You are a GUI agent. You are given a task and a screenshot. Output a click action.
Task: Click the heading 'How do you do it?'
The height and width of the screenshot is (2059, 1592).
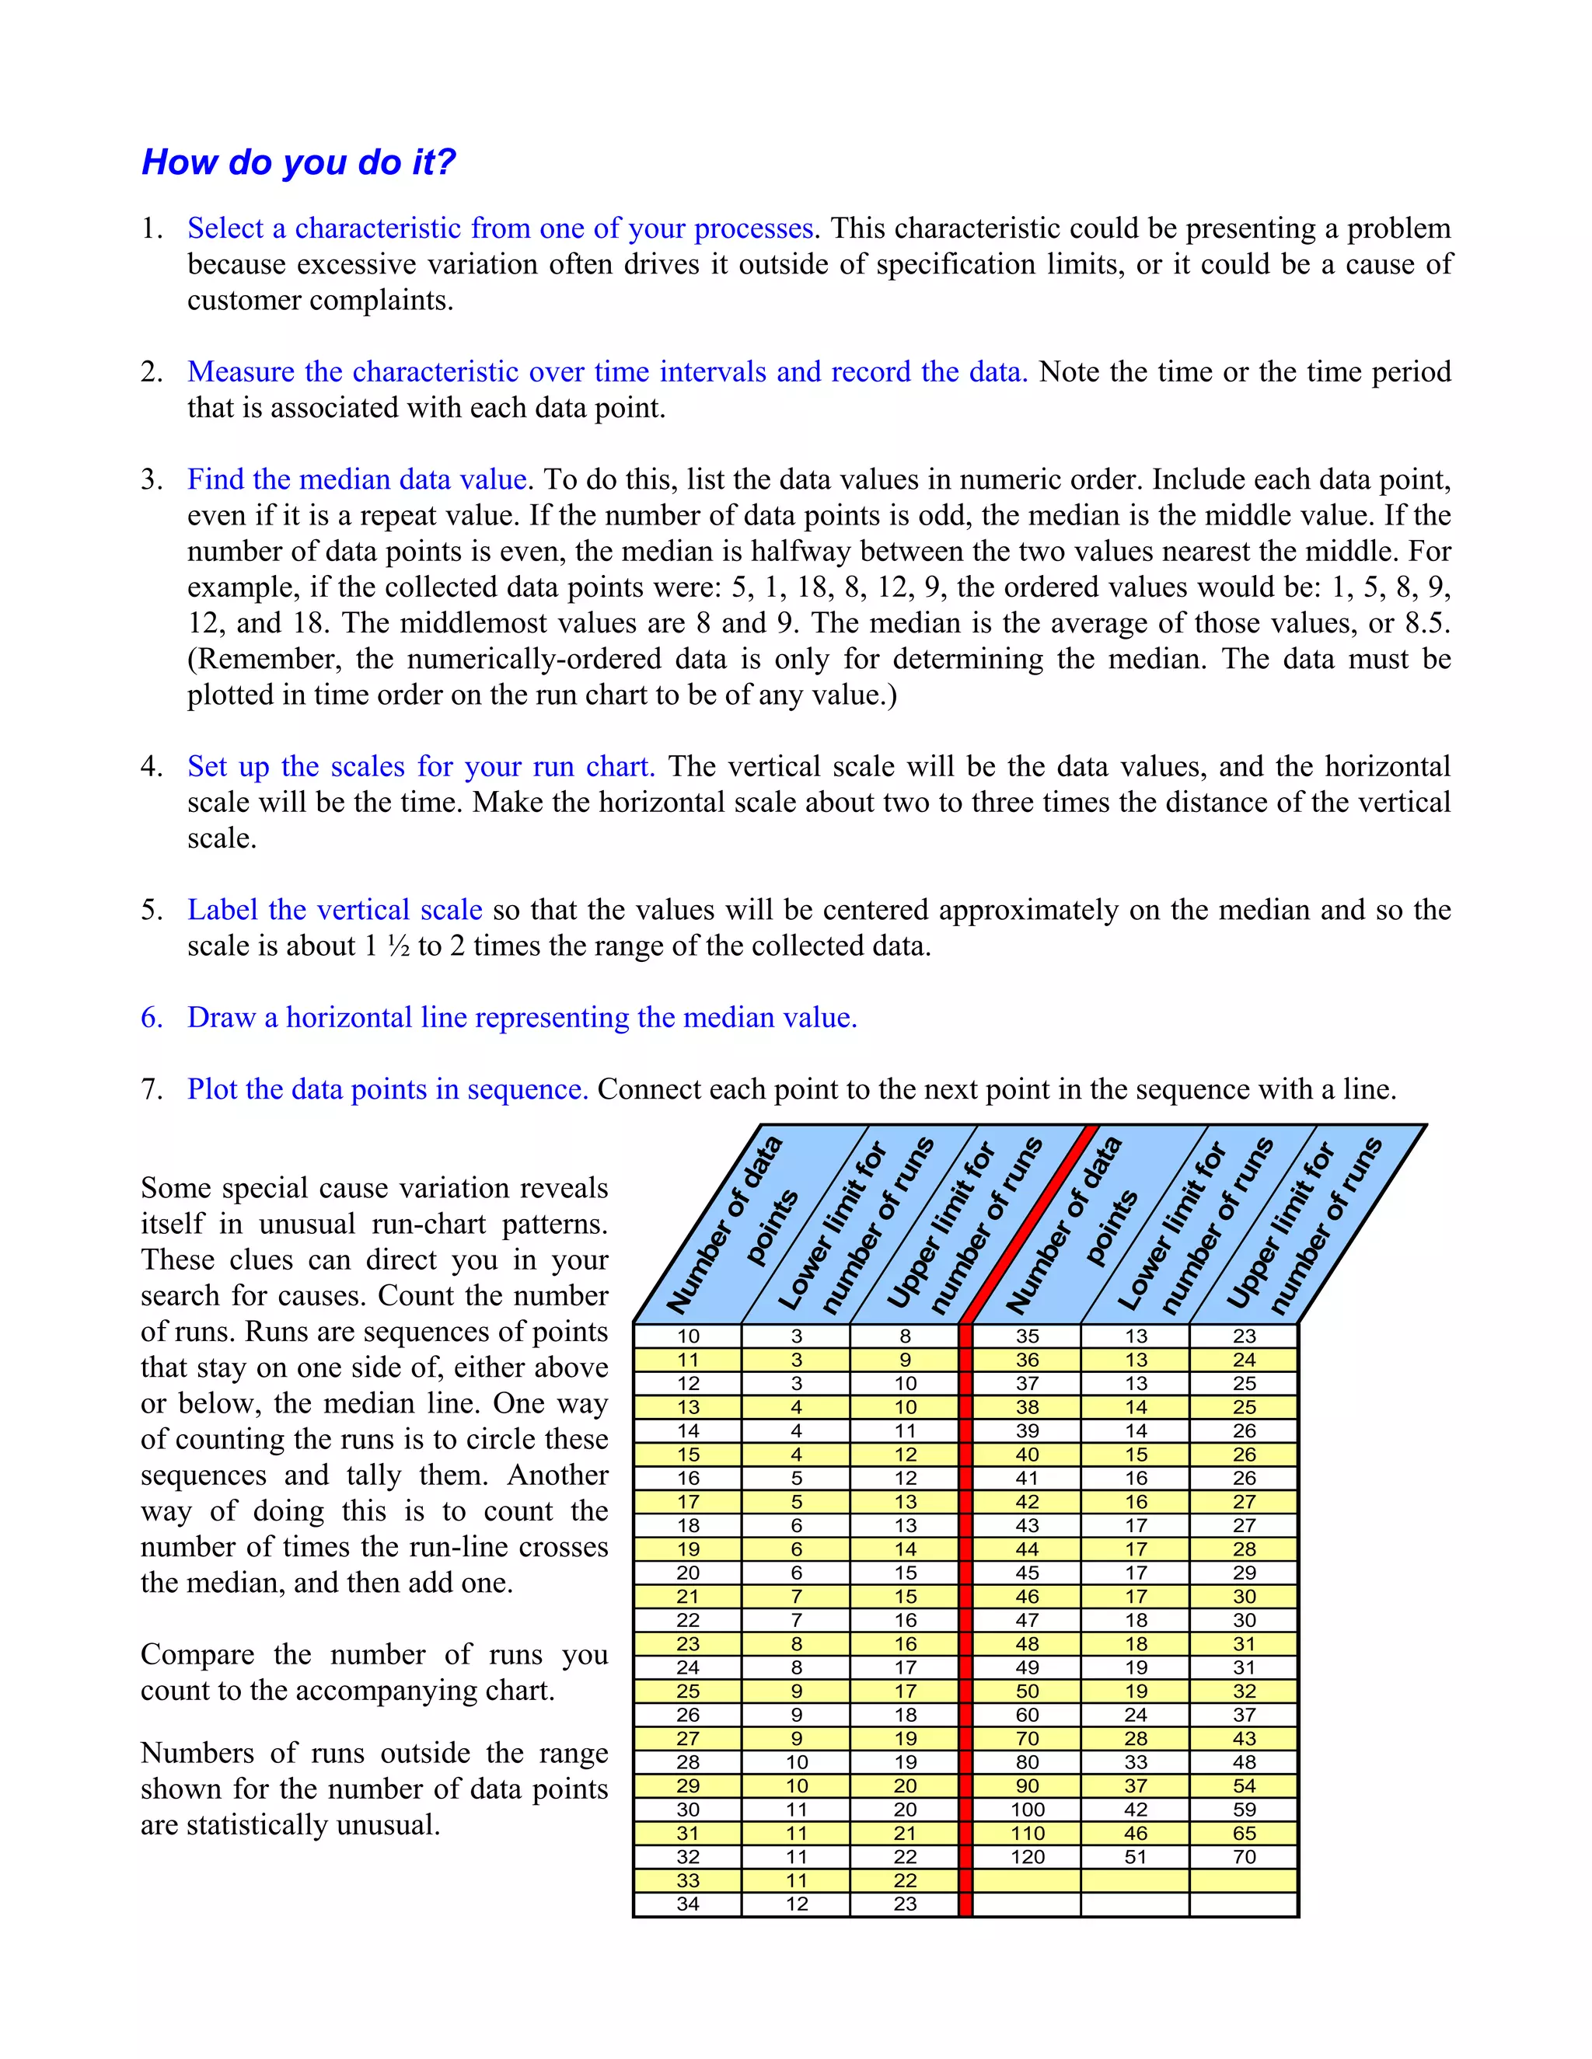click(x=298, y=162)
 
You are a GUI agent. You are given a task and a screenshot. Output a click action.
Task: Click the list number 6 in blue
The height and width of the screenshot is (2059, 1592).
click(x=151, y=1018)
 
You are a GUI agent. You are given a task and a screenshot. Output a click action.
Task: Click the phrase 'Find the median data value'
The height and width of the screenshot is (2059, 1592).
click(x=357, y=480)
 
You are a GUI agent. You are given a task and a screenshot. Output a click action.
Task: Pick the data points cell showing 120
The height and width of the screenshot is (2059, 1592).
click(x=1027, y=1857)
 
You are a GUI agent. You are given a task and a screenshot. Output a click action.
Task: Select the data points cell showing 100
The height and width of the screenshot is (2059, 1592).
click(x=1027, y=1810)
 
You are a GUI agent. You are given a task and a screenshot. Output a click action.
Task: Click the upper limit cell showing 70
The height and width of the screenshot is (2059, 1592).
click(x=1244, y=1857)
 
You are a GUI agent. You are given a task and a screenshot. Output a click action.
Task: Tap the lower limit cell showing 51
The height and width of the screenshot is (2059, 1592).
click(x=1136, y=1857)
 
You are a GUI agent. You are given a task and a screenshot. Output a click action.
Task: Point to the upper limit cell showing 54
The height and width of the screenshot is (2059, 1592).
click(x=1244, y=1786)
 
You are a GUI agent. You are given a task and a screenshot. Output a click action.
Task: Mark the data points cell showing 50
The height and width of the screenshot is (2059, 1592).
click(x=1027, y=1691)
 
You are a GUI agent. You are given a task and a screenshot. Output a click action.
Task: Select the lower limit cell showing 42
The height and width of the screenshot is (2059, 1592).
click(x=1136, y=1810)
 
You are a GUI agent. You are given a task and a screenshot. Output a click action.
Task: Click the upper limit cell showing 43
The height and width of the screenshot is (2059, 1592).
click(x=1244, y=1738)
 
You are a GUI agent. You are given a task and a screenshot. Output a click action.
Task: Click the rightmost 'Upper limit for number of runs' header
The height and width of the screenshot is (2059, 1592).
click(x=1306, y=1225)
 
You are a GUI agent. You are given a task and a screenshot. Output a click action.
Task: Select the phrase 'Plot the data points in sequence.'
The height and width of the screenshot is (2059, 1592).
click(x=388, y=1090)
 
